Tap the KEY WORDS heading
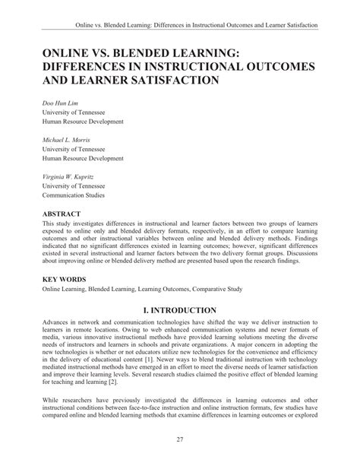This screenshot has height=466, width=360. tap(65, 281)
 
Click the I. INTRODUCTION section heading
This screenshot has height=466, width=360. tap(179, 311)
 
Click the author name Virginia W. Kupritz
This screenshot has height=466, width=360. tap(71, 176)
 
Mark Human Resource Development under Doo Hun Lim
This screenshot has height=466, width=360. tap(84, 122)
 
